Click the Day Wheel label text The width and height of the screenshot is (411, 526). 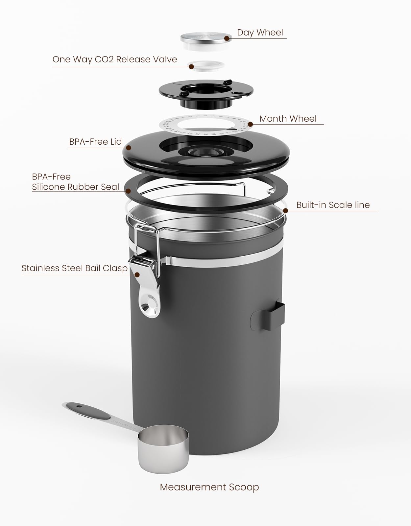click(260, 33)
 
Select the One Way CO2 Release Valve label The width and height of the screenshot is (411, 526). click(115, 60)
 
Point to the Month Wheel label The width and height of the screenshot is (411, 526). click(288, 119)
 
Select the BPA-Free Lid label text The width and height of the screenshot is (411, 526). click(95, 142)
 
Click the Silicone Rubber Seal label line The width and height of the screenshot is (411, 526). click(75, 187)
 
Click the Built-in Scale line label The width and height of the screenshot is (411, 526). click(333, 205)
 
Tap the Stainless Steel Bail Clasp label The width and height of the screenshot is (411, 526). click(74, 268)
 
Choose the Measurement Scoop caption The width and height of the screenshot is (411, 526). click(209, 487)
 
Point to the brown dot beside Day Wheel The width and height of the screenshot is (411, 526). click(227, 38)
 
